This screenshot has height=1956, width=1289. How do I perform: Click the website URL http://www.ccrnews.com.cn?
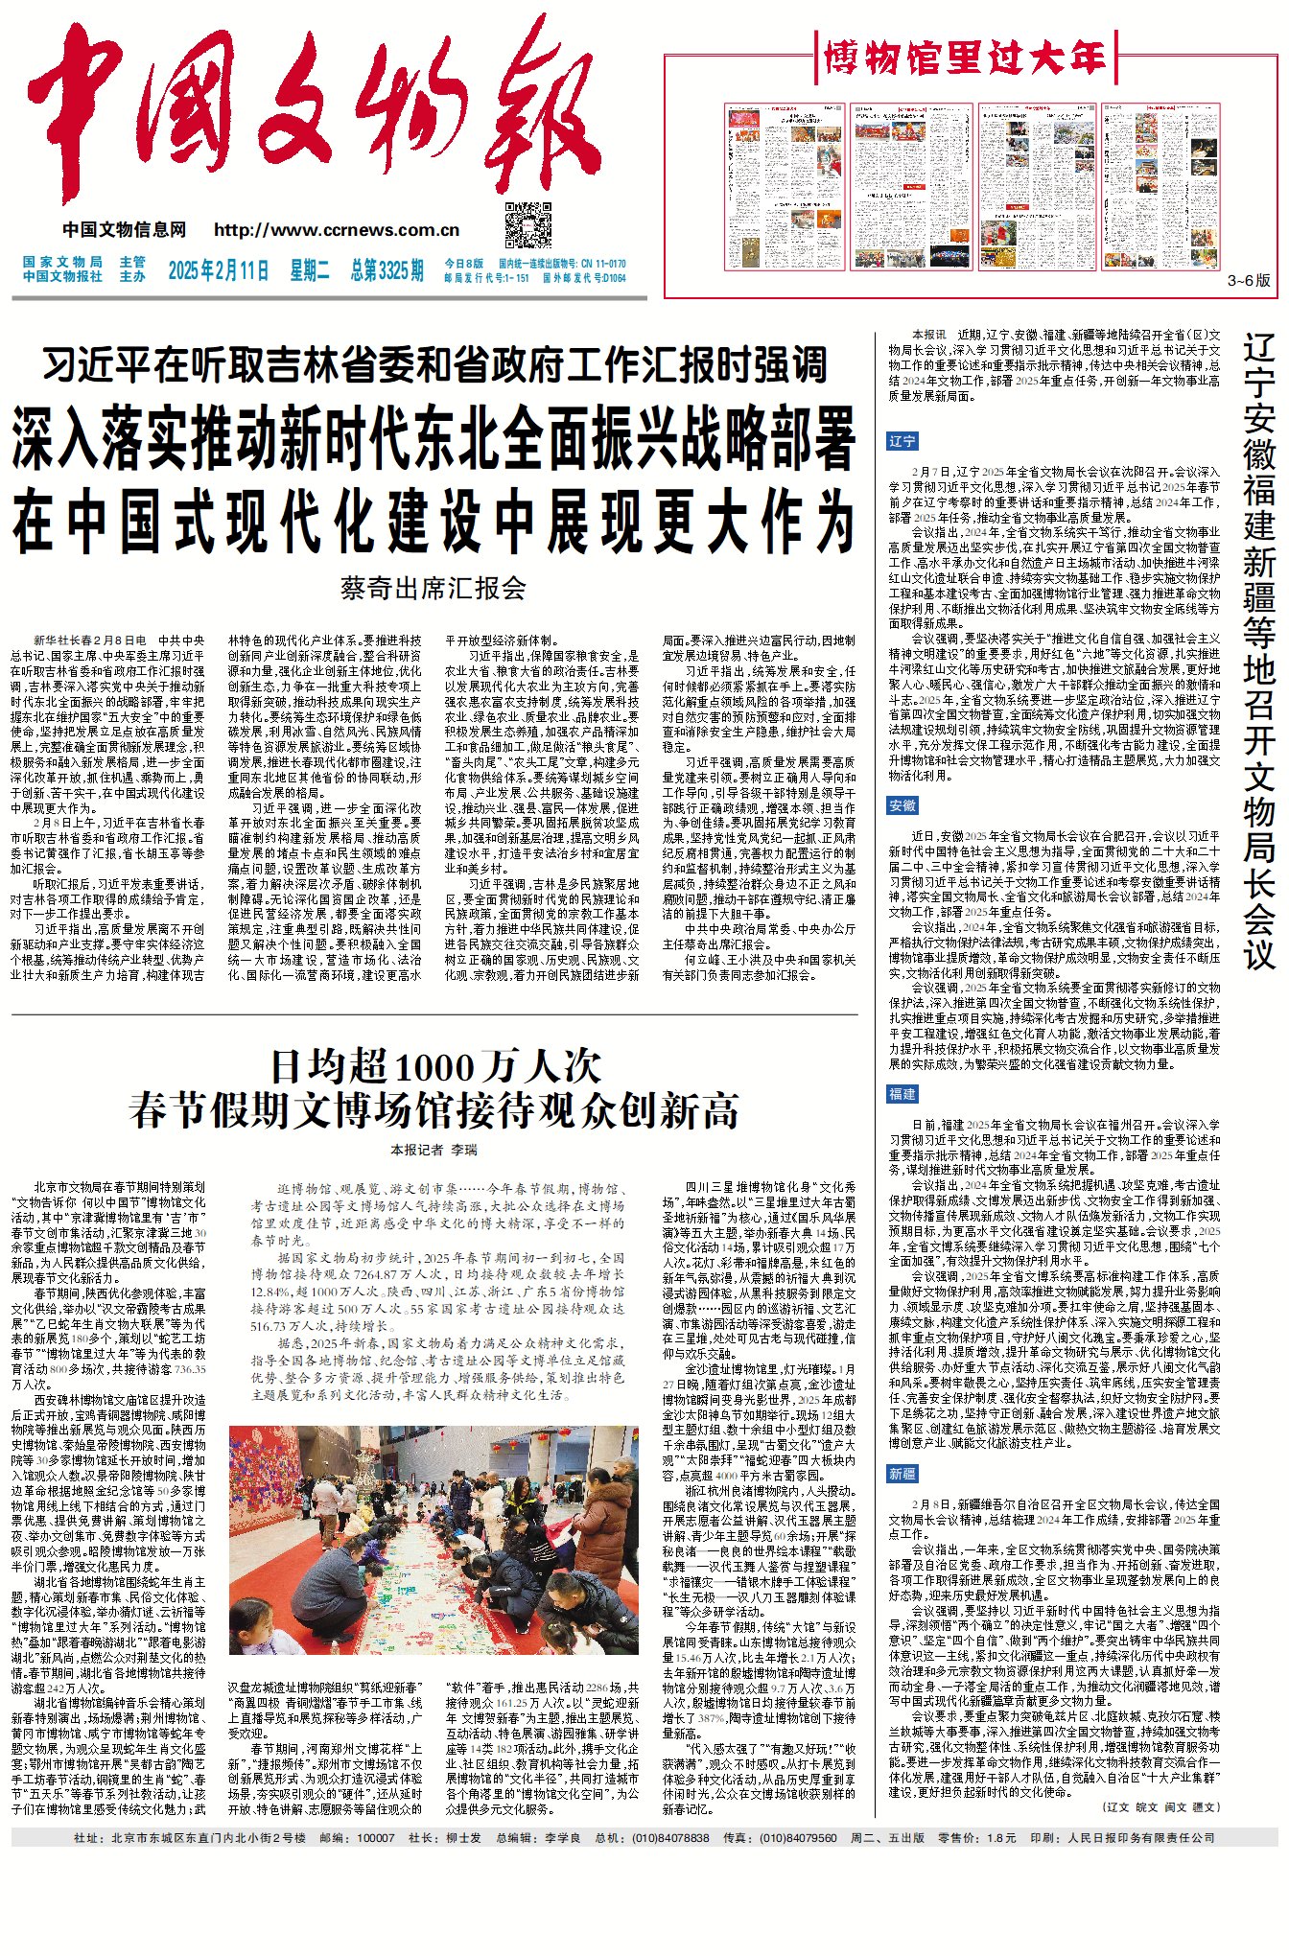click(x=337, y=230)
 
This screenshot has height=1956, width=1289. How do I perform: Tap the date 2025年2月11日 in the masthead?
click(x=219, y=270)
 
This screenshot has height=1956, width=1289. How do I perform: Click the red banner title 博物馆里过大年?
click(x=965, y=59)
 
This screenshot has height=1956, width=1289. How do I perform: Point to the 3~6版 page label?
click(x=1249, y=280)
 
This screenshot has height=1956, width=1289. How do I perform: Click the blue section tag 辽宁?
click(x=902, y=441)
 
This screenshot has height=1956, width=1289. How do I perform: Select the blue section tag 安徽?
click(x=902, y=805)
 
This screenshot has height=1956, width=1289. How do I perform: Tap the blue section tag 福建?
click(x=902, y=1094)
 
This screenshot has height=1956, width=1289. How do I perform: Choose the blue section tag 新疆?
click(x=902, y=1474)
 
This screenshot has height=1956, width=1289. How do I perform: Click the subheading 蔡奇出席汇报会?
click(x=434, y=588)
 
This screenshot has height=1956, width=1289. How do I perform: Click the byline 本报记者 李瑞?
click(x=434, y=1150)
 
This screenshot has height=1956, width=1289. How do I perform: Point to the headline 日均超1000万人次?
click(x=435, y=1066)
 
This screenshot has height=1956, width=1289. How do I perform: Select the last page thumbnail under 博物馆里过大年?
click(x=1146, y=187)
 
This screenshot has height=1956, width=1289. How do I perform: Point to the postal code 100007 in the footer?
click(x=375, y=1838)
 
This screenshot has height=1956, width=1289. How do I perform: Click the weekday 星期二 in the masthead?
click(x=310, y=270)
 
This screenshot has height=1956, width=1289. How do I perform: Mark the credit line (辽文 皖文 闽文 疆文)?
click(x=1161, y=1806)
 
